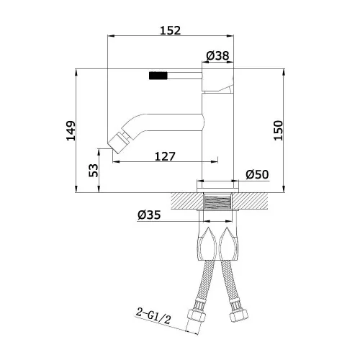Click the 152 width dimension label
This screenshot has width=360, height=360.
tap(170, 30)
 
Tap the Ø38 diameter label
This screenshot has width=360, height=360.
tap(217, 55)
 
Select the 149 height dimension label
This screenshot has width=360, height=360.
tap(71, 131)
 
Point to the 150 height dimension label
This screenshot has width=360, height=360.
tap(279, 130)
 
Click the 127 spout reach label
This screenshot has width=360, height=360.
tap(165, 157)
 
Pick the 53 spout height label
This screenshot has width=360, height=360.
tap(94, 171)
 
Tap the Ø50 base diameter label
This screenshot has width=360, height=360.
tap(257, 174)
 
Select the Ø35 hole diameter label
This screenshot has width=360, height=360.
tap(149, 215)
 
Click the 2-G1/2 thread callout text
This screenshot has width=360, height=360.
tap(153, 315)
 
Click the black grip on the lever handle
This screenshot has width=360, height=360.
tap(158, 76)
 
